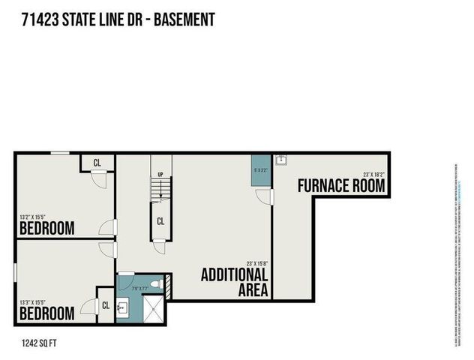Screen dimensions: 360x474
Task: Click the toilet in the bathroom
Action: tap(155, 284)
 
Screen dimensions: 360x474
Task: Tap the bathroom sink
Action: tap(123, 307)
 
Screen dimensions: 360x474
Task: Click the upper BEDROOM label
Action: tap(46, 227)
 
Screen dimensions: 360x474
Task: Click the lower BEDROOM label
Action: tap(46, 312)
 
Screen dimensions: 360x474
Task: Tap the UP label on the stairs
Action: tap(160, 175)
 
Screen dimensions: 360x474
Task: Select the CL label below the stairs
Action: tap(160, 221)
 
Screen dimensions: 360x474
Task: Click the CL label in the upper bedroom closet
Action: tap(97, 162)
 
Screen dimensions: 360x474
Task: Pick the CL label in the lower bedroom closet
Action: tap(106, 305)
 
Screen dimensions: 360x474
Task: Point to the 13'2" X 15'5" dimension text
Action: tap(37, 217)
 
